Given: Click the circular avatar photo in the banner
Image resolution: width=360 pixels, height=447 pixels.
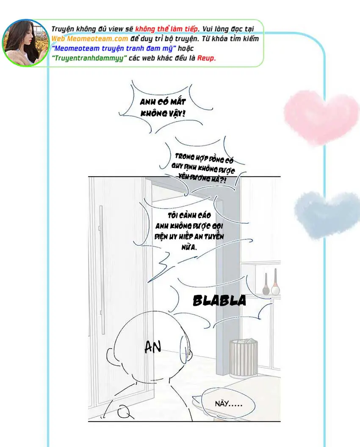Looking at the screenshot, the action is click(25, 43).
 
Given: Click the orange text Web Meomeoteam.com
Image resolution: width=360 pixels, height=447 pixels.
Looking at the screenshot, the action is click(90, 39).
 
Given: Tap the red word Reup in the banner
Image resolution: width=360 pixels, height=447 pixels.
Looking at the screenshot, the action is click(206, 58).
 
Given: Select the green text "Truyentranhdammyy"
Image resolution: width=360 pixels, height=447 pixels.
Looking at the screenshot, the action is click(89, 58).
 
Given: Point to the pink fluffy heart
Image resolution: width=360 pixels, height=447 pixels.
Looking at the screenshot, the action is click(321, 117).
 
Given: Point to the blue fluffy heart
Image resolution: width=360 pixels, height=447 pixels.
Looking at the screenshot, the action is click(327, 214).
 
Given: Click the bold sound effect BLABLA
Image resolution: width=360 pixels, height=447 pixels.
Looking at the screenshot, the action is click(219, 301).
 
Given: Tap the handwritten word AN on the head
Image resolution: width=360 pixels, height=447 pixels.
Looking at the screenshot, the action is click(153, 347).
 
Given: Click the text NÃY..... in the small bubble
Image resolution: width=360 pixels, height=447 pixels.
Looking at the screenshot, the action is click(229, 404).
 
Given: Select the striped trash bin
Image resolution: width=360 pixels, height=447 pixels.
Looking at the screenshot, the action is click(244, 358).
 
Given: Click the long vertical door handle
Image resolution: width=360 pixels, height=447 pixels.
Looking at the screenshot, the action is click(101, 269).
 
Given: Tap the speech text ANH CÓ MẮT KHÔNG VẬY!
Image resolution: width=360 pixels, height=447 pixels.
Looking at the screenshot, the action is click(163, 108).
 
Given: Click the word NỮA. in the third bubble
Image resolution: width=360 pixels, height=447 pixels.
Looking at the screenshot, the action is click(189, 247).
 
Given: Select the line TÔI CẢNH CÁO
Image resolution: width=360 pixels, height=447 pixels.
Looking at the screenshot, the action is click(189, 215).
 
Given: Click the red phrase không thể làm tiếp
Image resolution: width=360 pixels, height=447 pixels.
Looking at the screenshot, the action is click(166, 29).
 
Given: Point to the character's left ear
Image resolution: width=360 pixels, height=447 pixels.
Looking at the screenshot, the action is click(111, 356).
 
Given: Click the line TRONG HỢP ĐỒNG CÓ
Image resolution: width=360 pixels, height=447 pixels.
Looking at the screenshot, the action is click(204, 158).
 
